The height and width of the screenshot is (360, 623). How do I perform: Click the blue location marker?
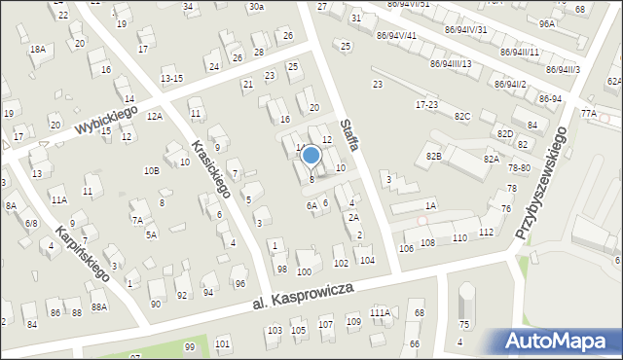click(x=311, y=155)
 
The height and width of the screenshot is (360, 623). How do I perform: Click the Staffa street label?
click(x=351, y=133)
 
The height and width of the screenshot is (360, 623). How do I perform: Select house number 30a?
click(x=255, y=7)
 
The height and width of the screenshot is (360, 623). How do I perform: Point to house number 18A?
click(x=38, y=49)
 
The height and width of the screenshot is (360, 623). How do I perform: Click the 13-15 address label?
click(x=171, y=78)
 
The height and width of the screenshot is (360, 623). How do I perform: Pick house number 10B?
click(x=151, y=170)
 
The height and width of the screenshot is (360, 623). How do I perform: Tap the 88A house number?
click(x=98, y=307)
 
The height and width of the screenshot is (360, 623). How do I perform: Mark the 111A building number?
click(x=380, y=312)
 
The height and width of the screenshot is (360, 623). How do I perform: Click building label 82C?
click(x=461, y=116)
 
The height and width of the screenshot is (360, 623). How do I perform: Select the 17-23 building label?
click(x=426, y=104)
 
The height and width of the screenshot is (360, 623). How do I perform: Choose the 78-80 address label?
click(x=518, y=167)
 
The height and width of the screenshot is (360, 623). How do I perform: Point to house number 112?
click(x=486, y=232)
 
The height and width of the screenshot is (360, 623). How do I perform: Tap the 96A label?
click(x=547, y=23)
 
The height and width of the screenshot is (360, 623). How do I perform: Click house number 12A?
click(x=154, y=116)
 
